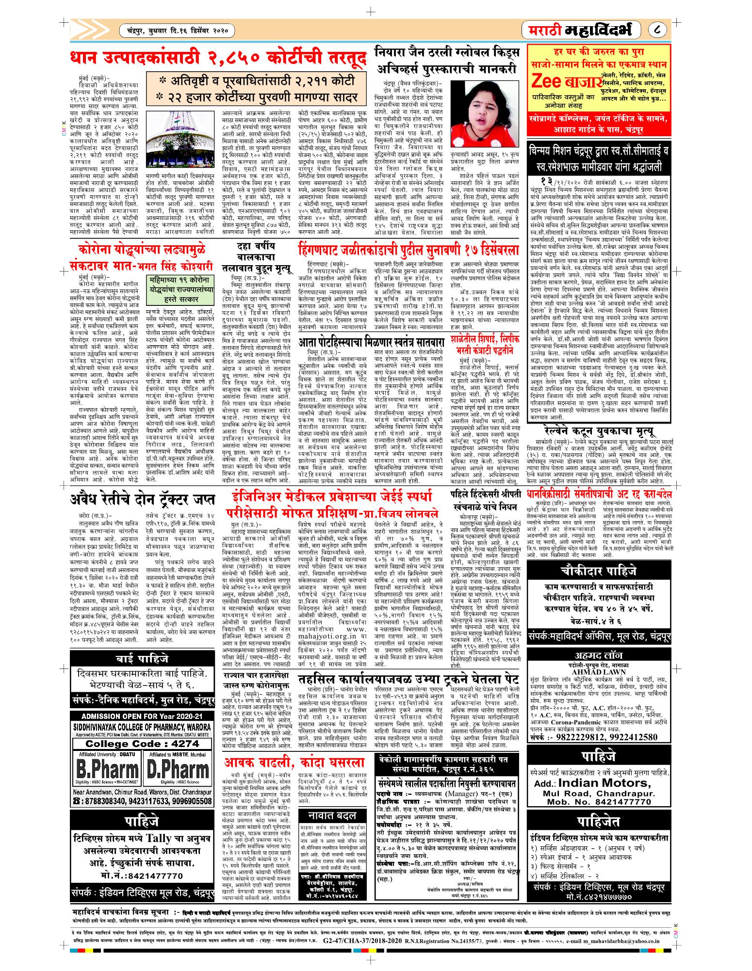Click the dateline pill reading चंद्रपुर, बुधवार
(177, 32)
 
